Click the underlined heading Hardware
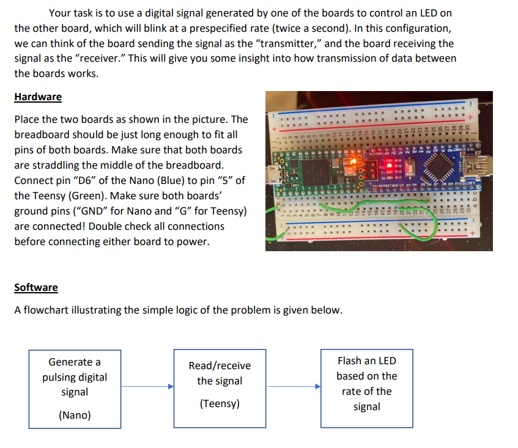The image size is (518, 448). tap(38, 97)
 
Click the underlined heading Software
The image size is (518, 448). tap(36, 287)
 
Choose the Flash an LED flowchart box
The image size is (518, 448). tap(366, 384)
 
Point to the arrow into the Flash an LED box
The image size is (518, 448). tap(294, 386)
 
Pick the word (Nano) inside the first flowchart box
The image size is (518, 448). tap(74, 416)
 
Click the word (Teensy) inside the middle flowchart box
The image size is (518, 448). tap(220, 404)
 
